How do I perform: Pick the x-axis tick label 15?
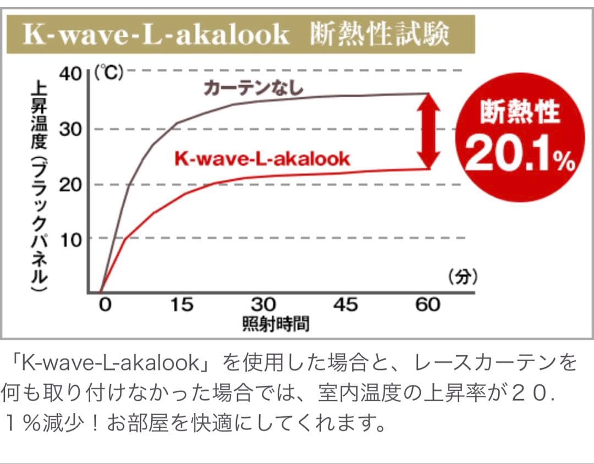181,304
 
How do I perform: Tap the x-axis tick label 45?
345,304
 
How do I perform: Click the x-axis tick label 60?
427,304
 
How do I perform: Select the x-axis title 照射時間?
276,324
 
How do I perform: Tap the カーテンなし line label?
254,88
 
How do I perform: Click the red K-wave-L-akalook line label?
262,159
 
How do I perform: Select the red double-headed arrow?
428,131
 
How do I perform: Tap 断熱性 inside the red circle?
519,113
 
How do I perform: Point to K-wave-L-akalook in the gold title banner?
156,35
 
